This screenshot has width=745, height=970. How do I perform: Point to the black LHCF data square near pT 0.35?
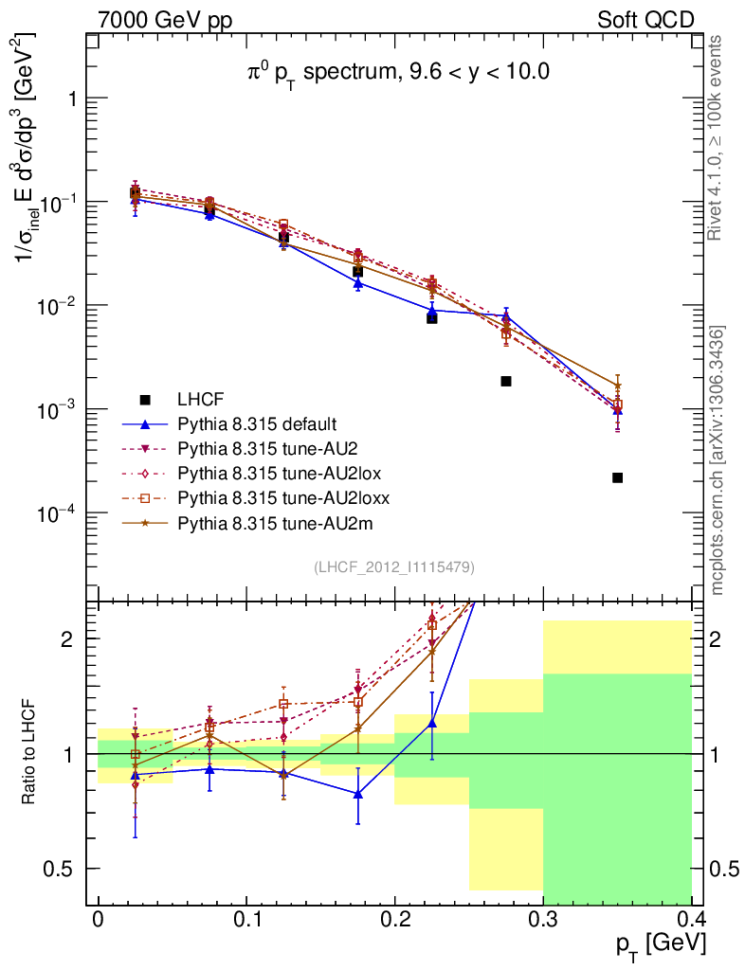tap(617, 477)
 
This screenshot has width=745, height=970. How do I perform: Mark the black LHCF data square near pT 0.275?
tap(506, 381)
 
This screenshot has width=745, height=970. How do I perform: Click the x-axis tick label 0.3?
tap(543, 920)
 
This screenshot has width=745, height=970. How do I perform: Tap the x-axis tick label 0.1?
tap(246, 920)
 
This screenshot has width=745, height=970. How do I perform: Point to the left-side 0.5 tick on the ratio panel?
tap(64, 869)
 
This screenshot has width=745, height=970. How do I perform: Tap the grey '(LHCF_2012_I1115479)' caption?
tap(394, 566)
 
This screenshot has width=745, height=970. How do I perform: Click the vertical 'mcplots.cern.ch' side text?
tap(718, 459)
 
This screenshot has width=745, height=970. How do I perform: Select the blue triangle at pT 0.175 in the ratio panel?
tap(358, 794)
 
